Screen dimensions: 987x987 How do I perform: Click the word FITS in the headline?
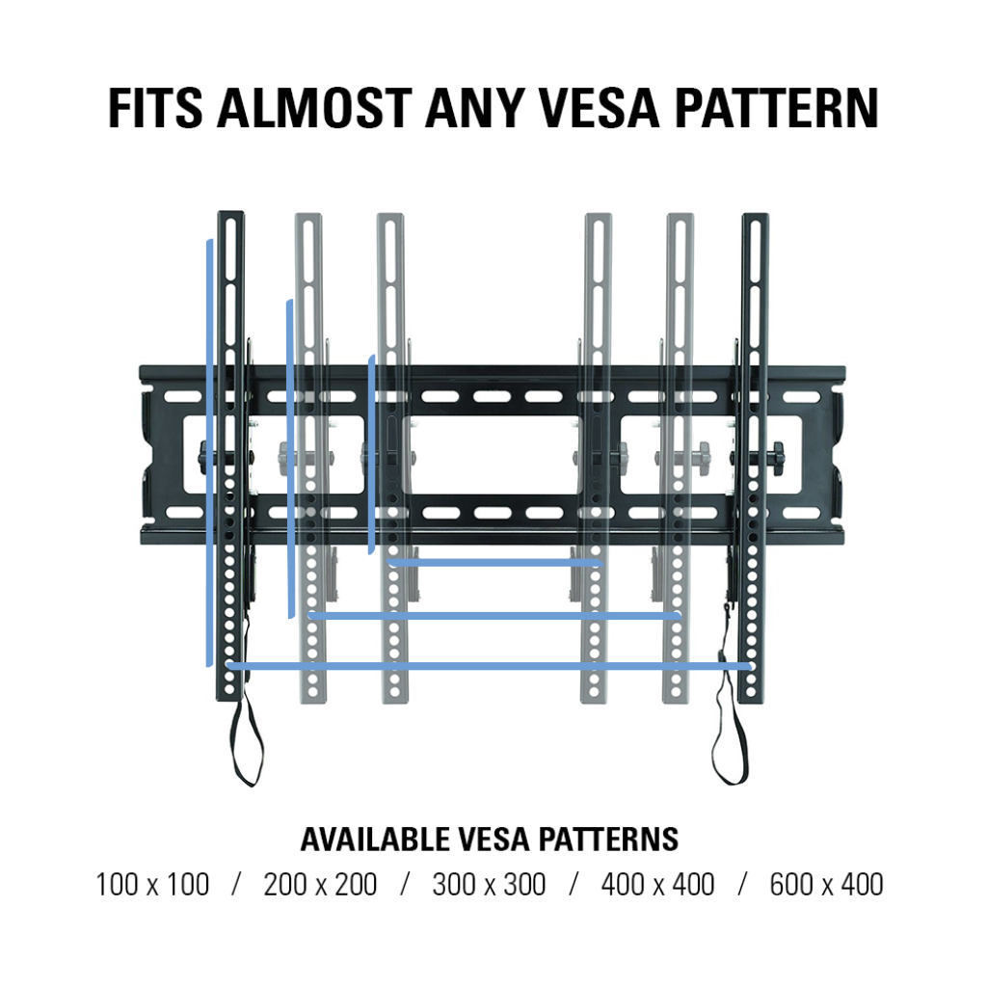[155, 108]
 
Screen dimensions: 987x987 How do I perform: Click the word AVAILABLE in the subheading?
[376, 840]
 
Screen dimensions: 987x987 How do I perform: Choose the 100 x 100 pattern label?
[152, 885]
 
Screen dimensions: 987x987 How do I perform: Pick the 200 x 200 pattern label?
[320, 885]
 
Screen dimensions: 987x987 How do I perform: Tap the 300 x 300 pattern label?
[489, 885]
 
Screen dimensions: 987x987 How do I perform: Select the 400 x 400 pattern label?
[657, 885]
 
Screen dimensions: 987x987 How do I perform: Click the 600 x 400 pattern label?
[826, 885]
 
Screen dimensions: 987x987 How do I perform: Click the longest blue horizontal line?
[489, 666]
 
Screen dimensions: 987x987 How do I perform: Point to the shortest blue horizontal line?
[495, 562]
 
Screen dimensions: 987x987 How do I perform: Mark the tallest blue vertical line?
[209, 453]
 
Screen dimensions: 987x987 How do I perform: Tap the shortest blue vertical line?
[372, 455]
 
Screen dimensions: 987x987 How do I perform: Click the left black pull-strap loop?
[246, 743]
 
